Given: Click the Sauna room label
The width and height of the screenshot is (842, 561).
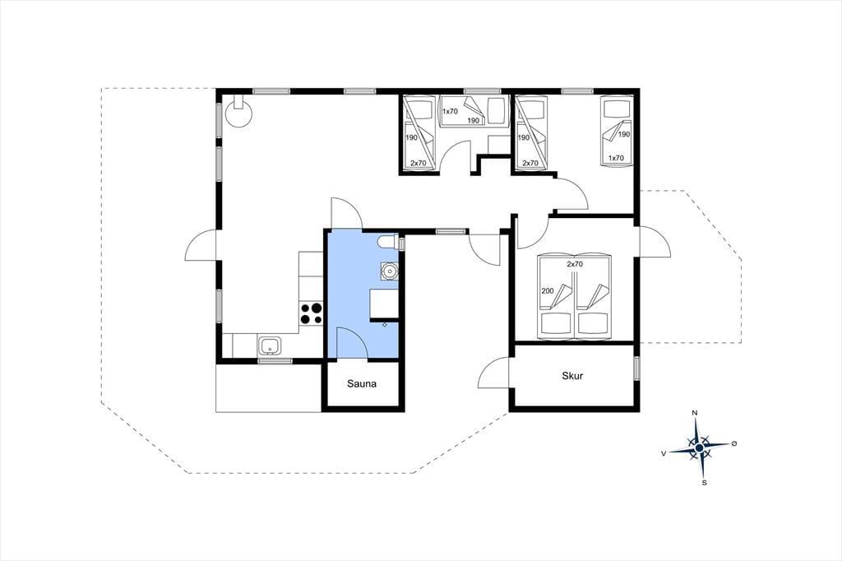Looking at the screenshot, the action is point(362,383).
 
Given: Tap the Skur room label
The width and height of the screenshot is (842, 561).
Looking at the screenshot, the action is point(572,376).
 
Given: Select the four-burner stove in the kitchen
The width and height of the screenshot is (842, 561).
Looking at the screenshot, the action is point(311,313).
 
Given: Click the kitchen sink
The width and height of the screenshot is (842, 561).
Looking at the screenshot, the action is point(270,345).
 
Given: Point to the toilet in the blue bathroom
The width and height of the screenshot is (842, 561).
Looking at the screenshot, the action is point(389,243).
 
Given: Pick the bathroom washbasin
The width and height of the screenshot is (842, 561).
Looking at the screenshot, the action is point(389,271).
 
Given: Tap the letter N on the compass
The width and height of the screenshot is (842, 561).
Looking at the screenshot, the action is point(694,413).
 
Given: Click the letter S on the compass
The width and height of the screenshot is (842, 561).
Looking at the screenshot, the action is point(704,483).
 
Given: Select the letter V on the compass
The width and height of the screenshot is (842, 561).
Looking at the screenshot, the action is point(664,453).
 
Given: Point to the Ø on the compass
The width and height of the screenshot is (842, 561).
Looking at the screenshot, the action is point(734,443).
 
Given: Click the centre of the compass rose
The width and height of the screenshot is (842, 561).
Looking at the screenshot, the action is point(699,447).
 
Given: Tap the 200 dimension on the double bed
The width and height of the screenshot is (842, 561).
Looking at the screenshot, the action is point(547,290).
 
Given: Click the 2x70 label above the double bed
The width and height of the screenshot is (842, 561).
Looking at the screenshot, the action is point(575,264).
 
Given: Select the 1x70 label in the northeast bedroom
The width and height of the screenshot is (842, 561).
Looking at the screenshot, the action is point(616,158).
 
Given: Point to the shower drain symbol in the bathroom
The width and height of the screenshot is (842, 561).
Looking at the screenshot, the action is point(385,325).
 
